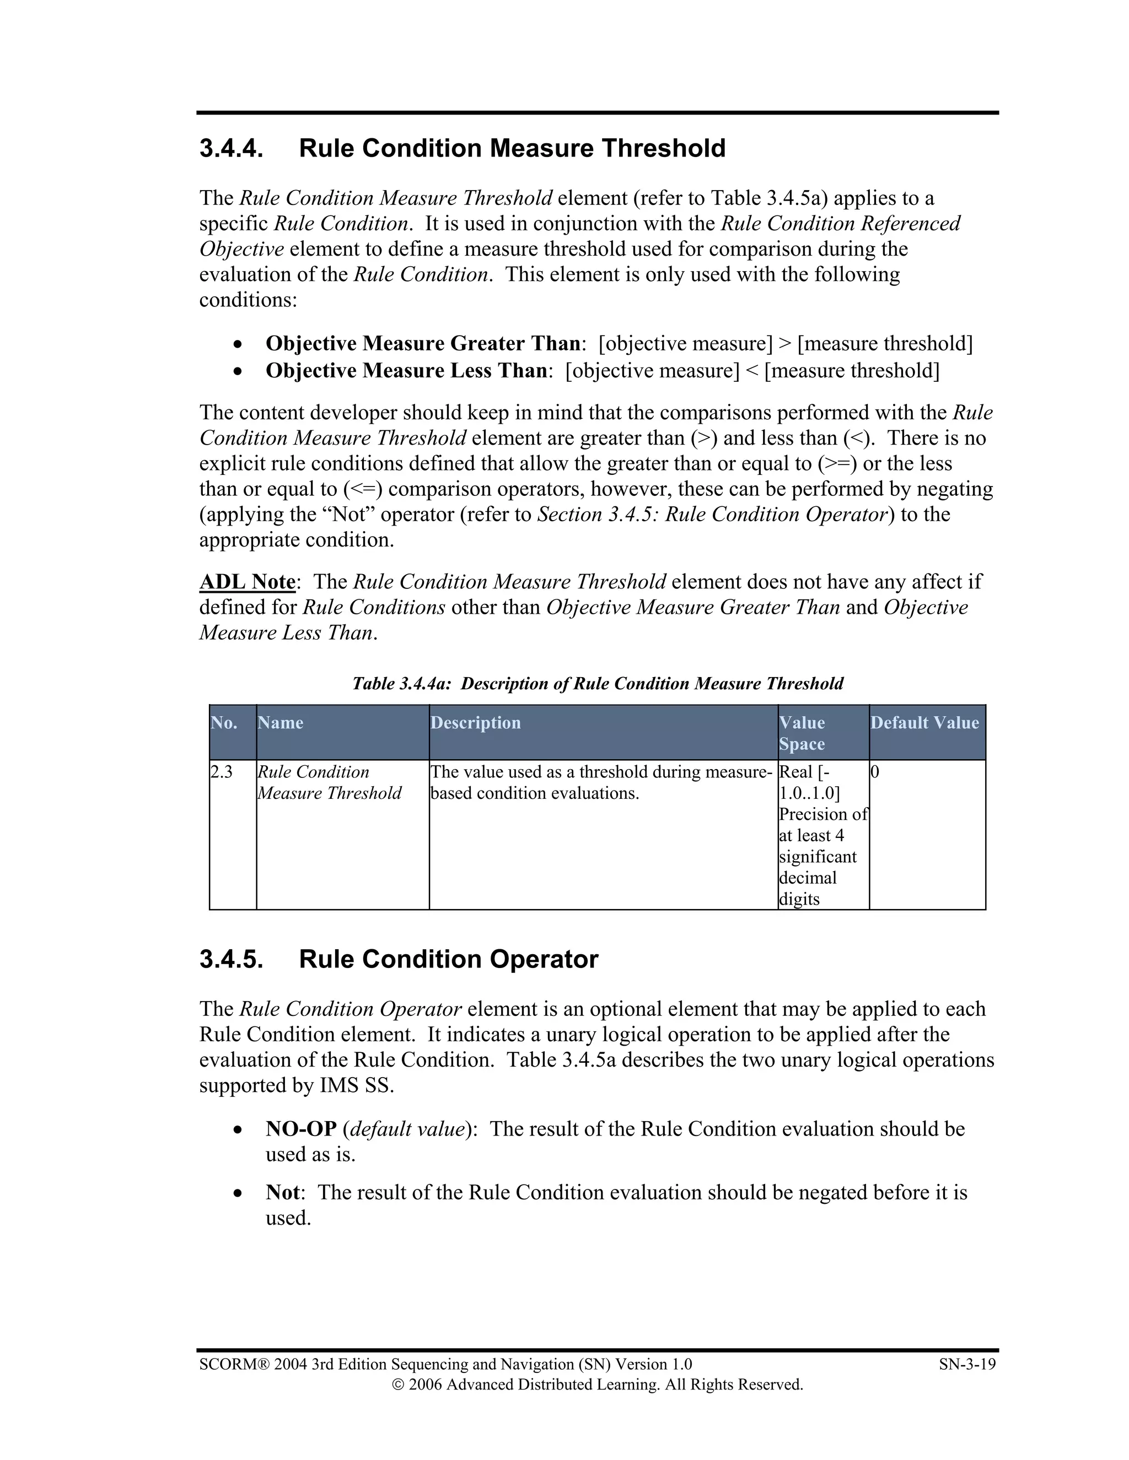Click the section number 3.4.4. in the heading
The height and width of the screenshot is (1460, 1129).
(231, 148)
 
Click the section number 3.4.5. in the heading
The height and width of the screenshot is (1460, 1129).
(231, 959)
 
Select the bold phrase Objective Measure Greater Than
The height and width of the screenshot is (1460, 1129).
(422, 344)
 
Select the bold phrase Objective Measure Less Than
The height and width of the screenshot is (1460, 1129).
(405, 370)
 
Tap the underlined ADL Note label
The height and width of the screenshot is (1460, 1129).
(248, 582)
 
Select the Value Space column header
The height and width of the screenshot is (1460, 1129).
(802, 733)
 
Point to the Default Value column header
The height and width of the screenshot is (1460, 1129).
(924, 723)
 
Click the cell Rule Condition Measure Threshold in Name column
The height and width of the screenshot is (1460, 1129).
(329, 783)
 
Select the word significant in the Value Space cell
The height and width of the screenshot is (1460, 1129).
(818, 857)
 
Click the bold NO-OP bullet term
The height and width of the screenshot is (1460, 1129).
(301, 1129)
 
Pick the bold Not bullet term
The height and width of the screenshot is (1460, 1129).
(283, 1193)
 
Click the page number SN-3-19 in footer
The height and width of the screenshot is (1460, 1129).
(967, 1364)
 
